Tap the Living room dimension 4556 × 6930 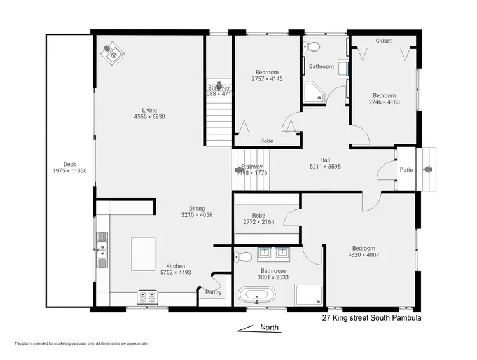[145, 117]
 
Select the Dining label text [197, 208]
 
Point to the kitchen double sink [102, 247]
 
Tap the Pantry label [214, 293]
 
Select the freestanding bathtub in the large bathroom [258, 296]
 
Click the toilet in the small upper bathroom [309, 46]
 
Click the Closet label [384, 41]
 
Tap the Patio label [406, 170]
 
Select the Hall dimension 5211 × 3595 [325, 167]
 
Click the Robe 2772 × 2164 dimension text [258, 222]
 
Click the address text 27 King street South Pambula [372, 317]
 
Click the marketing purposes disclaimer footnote [81, 343]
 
